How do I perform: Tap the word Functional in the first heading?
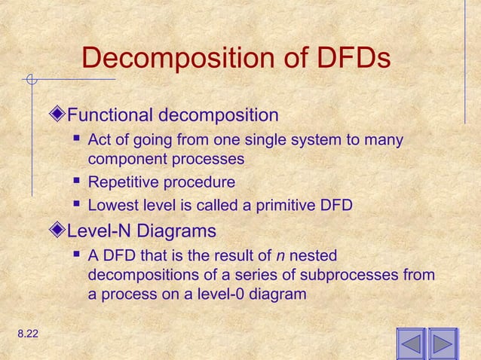[109, 116]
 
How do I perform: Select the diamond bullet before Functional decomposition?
[60, 116]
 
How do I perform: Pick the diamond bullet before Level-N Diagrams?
[60, 230]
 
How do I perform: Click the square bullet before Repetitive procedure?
[78, 182]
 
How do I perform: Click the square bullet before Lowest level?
[78, 205]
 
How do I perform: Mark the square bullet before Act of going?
[78, 140]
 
